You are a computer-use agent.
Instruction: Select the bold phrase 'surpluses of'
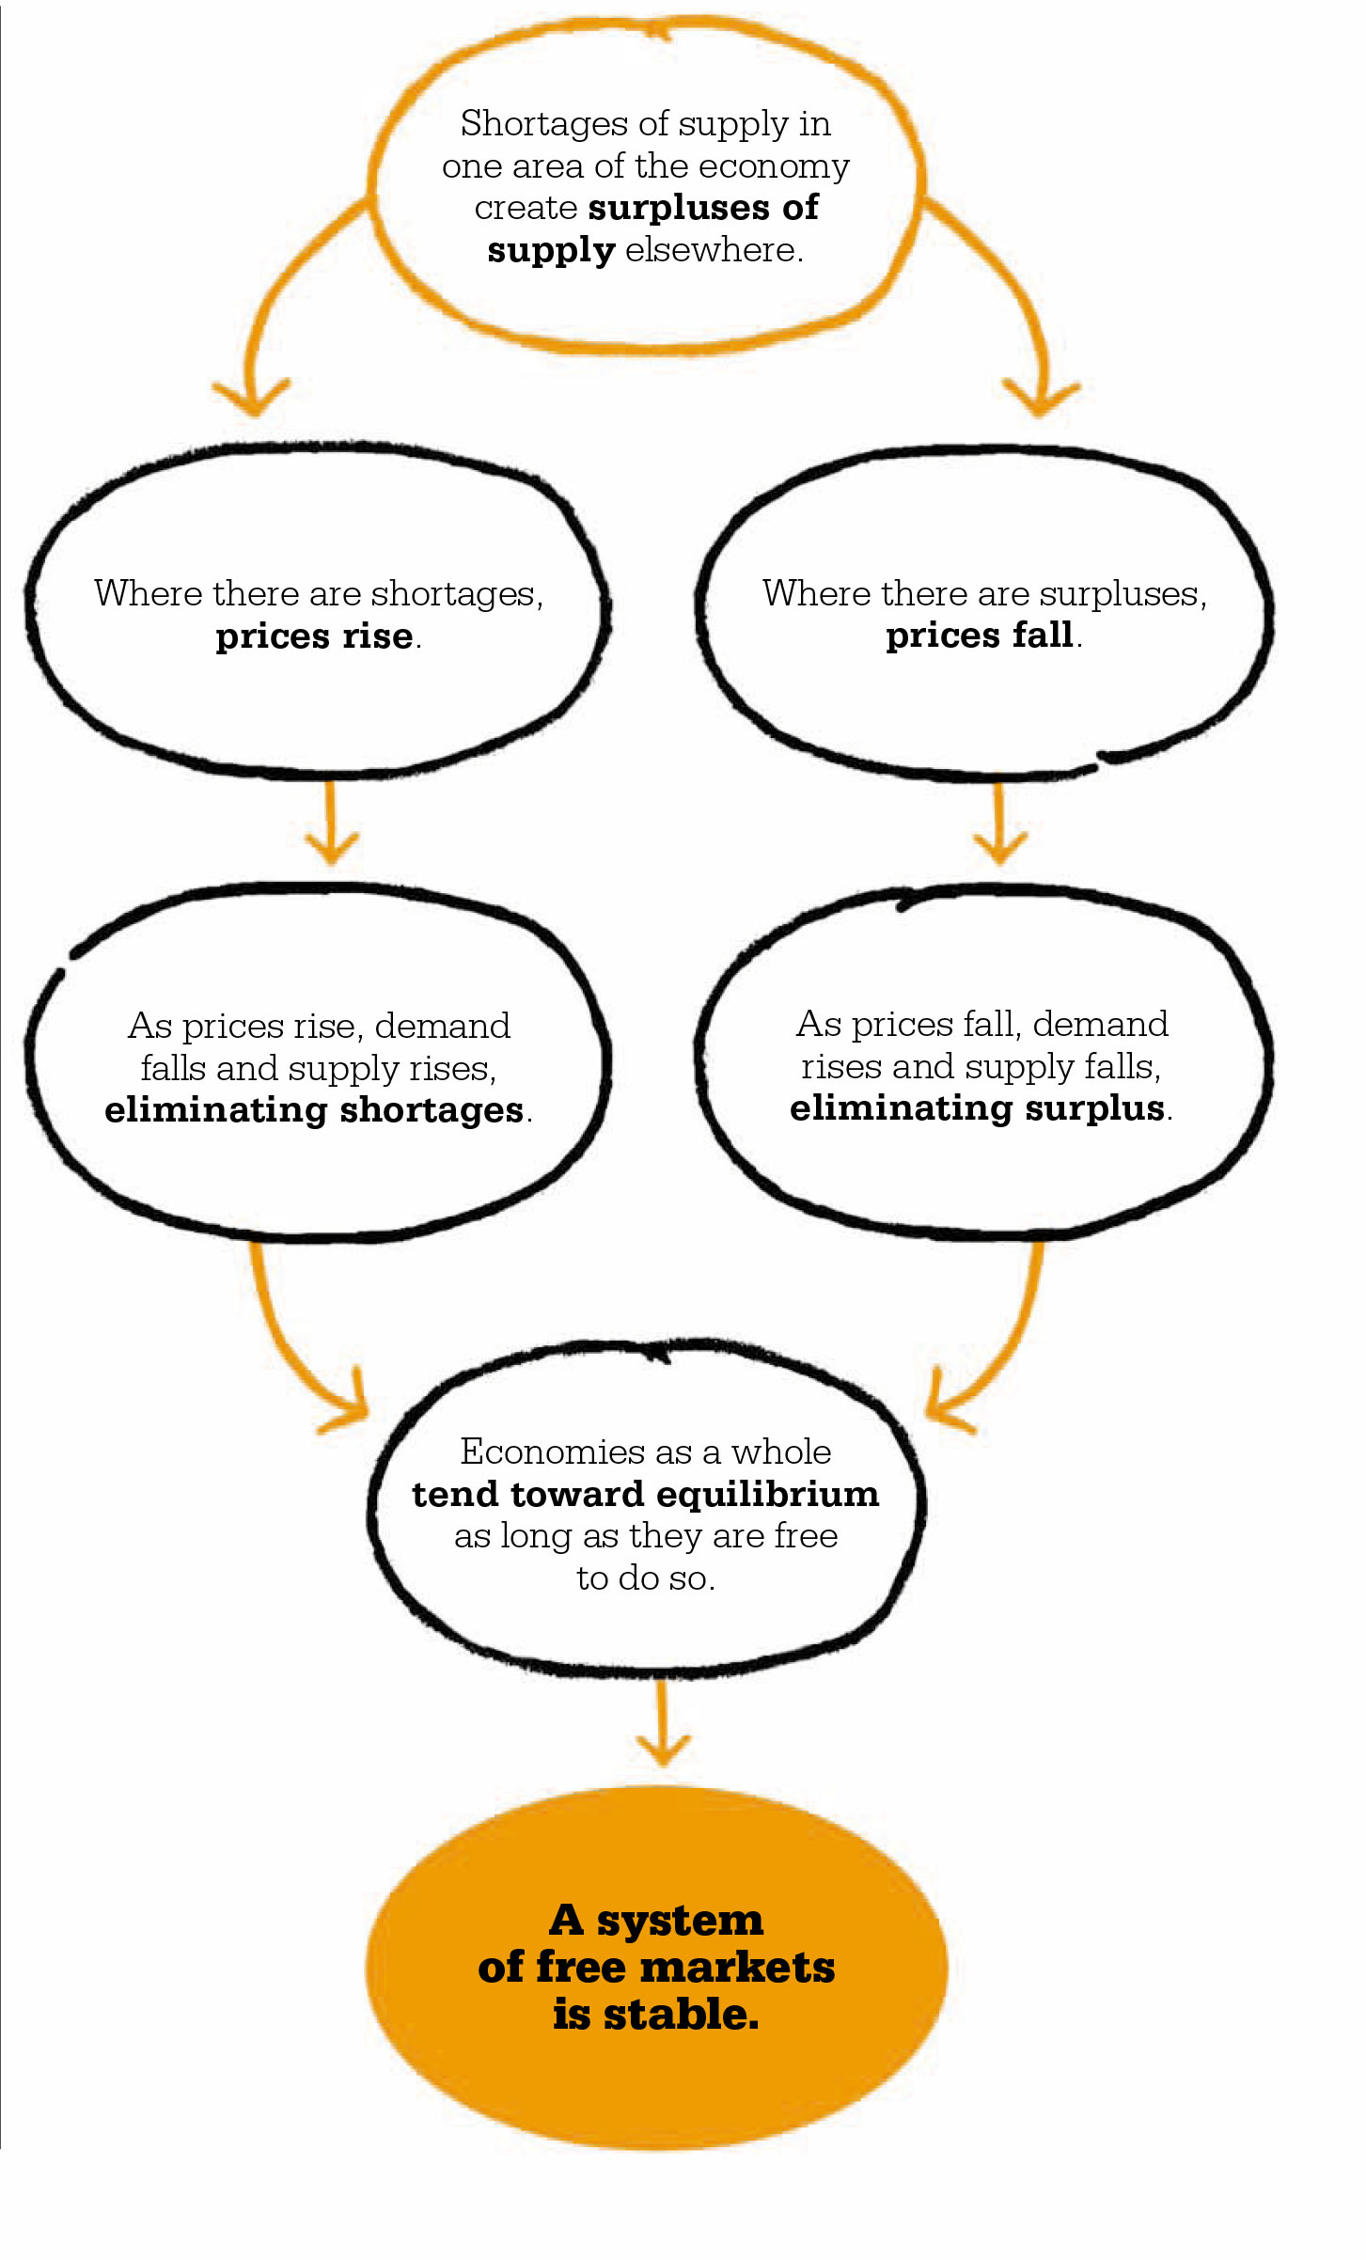point(703,209)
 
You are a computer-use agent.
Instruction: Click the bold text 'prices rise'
point(314,637)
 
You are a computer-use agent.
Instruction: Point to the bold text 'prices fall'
point(980,636)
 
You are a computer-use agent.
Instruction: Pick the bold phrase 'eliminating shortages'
point(314,1111)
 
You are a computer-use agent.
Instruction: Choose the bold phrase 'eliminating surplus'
point(978,1109)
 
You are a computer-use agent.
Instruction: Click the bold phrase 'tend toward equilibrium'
point(646,1495)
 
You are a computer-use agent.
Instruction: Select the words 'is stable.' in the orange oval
point(655,2015)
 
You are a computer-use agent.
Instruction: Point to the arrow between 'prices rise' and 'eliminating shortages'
point(331,822)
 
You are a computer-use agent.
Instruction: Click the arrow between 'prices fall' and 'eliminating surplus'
point(999,824)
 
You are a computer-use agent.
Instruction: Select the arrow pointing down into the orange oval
point(663,1723)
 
